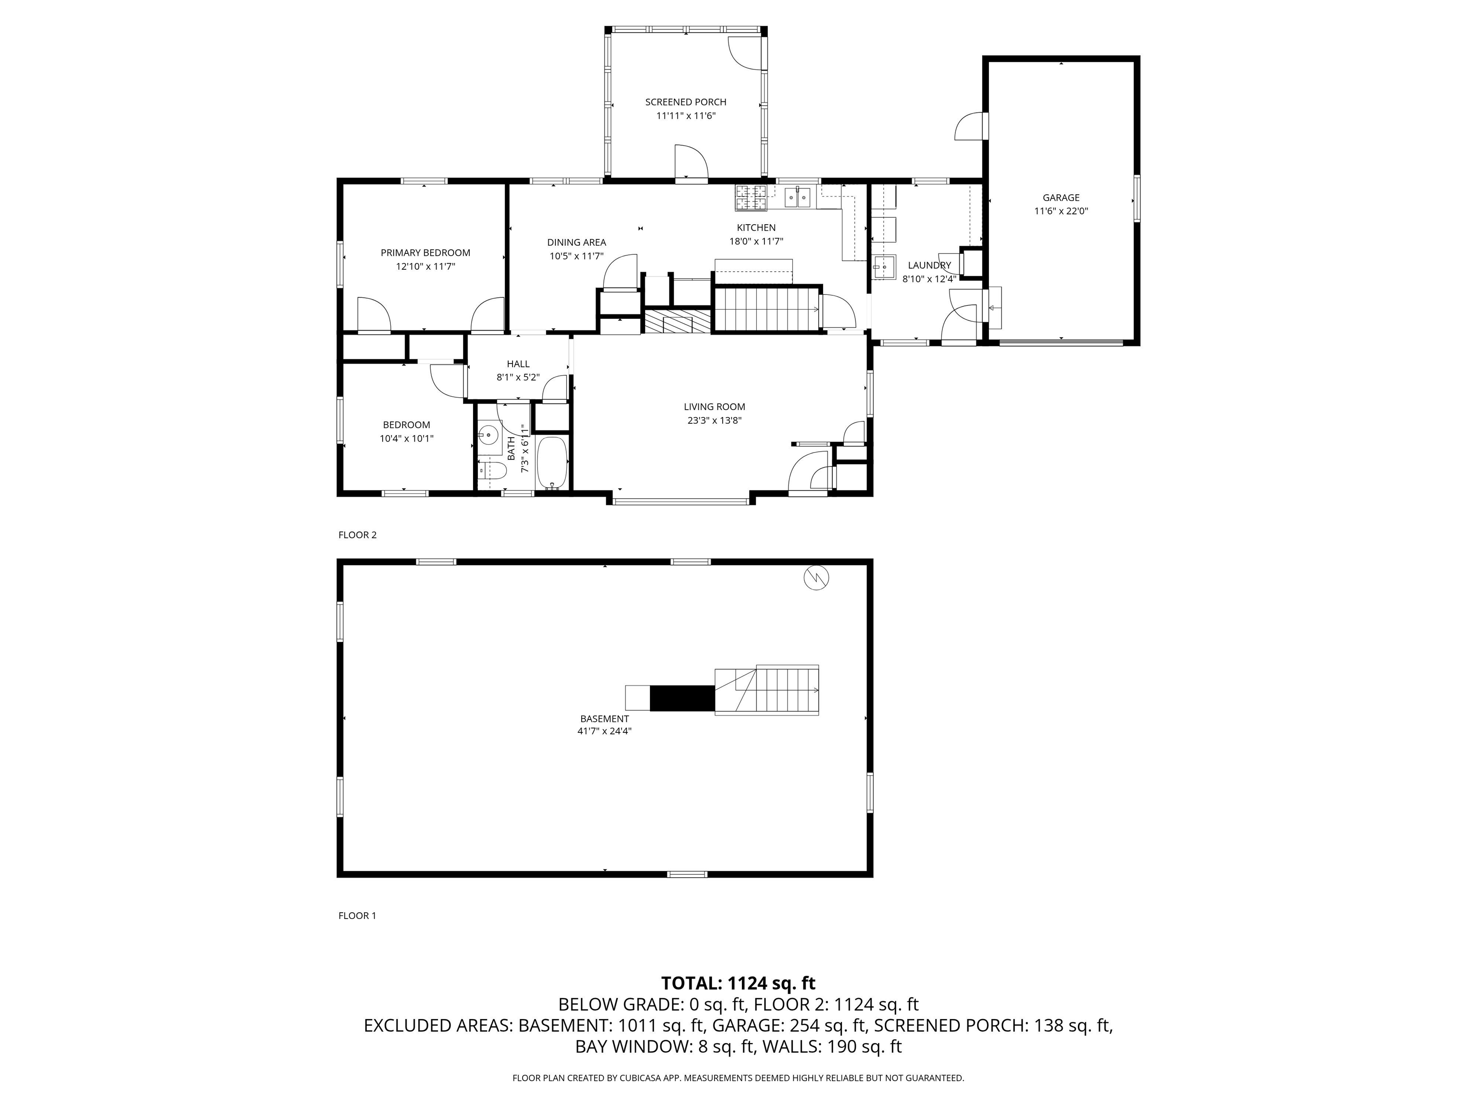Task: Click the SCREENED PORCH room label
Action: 685,102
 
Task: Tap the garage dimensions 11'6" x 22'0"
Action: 1061,211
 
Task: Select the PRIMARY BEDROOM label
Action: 426,252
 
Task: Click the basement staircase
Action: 766,691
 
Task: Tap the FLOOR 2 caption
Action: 357,535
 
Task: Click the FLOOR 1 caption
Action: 357,916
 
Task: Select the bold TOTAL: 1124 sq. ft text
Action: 738,983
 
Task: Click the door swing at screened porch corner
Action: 742,53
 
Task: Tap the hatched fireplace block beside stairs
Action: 678,321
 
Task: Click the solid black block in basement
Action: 682,698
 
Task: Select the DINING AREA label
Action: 576,242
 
